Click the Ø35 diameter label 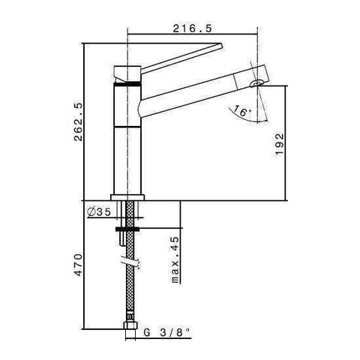(100, 212)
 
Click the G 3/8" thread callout (167, 328)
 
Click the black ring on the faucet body (125, 85)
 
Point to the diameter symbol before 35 (91, 212)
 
